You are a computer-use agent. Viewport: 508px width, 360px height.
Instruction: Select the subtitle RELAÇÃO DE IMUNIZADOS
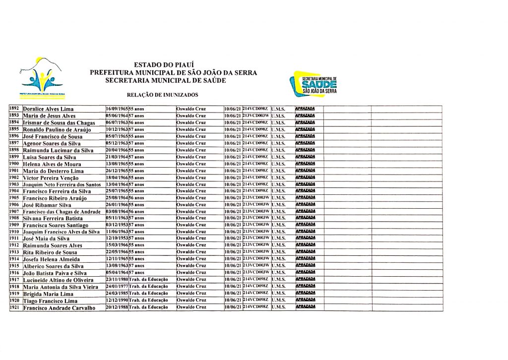click(163, 94)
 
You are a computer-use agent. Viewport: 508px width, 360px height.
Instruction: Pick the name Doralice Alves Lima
click(48, 109)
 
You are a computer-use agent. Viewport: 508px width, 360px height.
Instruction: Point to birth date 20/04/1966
click(117, 150)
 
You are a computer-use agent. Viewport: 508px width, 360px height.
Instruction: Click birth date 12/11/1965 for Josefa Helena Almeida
click(117, 259)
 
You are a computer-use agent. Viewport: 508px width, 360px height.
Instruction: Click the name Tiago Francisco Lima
click(50, 301)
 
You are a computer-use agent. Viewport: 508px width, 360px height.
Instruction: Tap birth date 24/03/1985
click(117, 294)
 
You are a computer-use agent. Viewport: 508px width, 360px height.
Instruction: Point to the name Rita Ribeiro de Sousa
click(50, 252)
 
